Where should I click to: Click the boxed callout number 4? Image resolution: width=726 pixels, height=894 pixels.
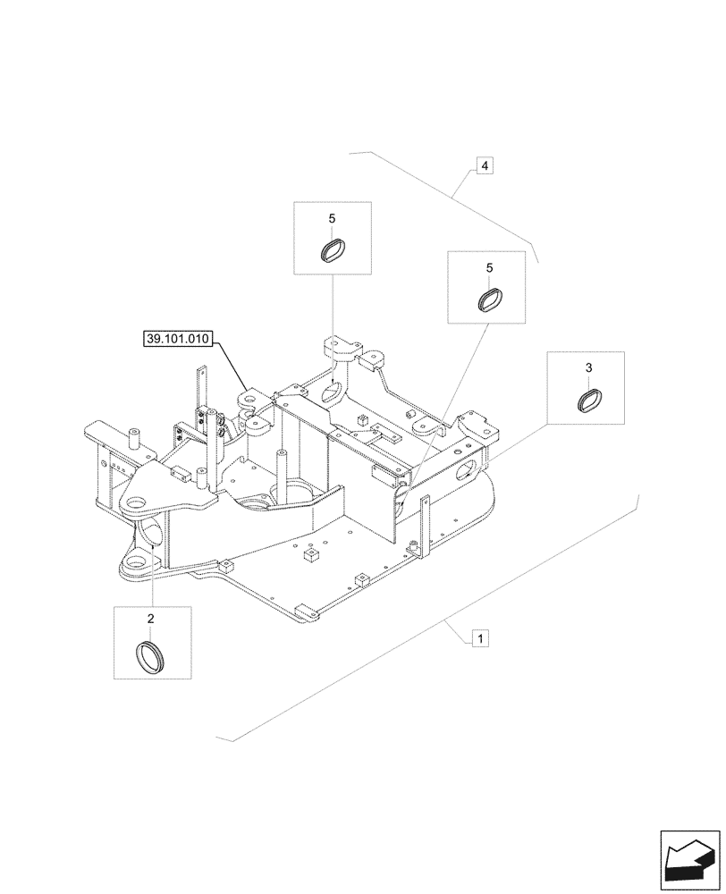point(483,165)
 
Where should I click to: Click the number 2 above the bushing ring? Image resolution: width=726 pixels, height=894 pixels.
point(150,619)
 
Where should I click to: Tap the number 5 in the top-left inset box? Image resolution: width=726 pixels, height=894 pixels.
point(332,218)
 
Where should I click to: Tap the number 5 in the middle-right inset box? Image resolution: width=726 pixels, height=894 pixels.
point(489,267)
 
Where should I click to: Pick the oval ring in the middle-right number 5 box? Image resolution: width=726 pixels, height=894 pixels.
point(488,299)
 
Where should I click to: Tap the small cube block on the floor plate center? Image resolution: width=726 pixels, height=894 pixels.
point(311,556)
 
